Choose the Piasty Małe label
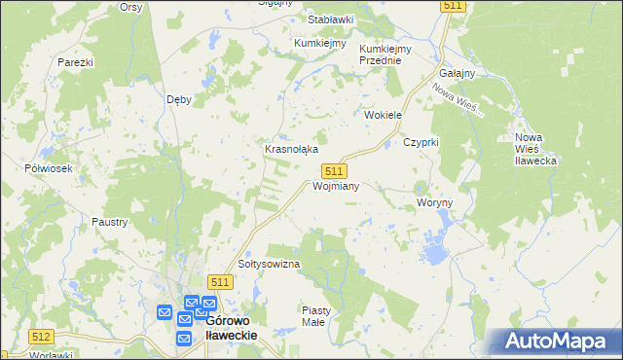tap(316, 315)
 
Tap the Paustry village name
tap(110, 222)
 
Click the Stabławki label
tap(330, 19)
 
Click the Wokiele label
tap(383, 115)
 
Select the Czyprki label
tap(422, 142)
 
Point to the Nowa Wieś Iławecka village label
tap(534, 148)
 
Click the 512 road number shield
tap(41, 337)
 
